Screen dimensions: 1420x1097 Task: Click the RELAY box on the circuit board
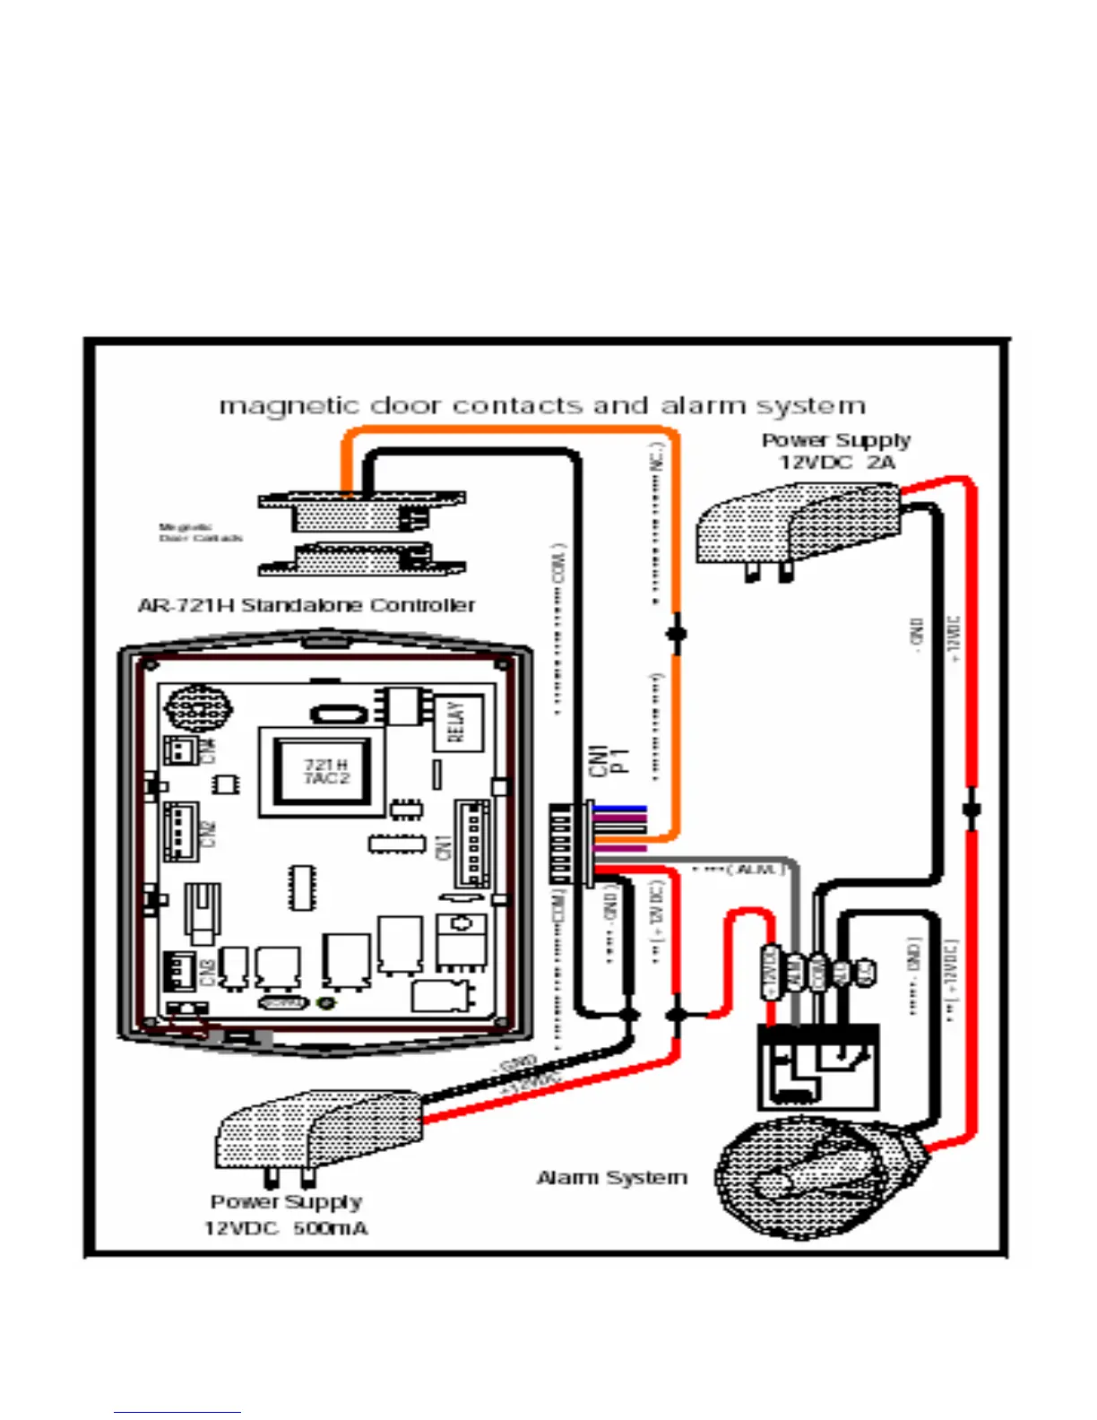457,722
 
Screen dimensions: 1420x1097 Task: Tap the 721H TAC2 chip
325,772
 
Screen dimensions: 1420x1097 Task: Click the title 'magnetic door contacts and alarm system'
543,406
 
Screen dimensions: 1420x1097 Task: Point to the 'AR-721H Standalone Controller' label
307,606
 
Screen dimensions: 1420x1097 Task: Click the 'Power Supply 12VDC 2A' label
836,451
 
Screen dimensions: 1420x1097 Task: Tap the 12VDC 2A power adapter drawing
797,529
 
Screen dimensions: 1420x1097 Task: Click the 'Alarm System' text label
612,1178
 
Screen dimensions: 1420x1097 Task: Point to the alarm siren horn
811,1178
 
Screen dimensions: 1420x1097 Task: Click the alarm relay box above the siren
818,1066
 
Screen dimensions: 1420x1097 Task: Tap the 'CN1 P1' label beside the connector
609,759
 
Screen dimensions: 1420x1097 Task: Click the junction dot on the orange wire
677,634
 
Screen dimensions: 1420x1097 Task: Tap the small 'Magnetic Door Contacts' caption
200,532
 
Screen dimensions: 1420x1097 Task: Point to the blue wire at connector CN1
620,809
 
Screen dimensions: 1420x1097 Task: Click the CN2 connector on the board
182,831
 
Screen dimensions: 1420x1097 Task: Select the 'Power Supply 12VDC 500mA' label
286,1215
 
